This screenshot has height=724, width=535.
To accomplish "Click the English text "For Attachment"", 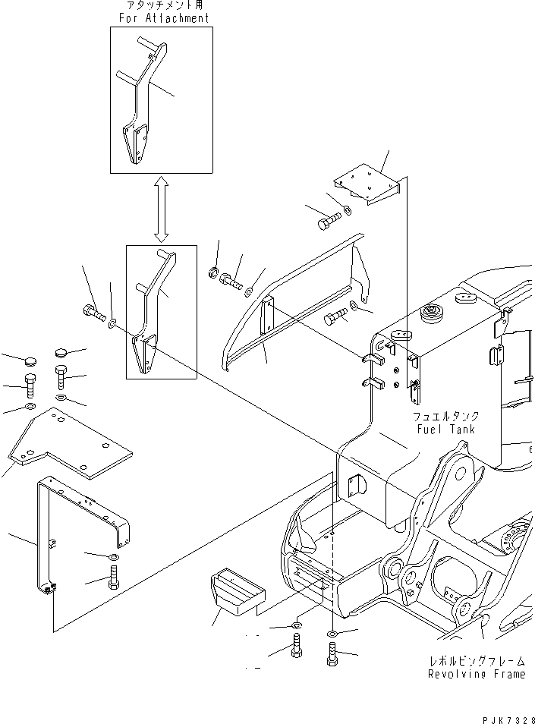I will pyautogui.click(x=161, y=17).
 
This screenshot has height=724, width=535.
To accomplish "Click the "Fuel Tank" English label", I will pyautogui.click(x=445, y=429).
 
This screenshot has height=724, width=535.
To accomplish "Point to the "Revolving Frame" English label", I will pyautogui.click(x=476, y=674).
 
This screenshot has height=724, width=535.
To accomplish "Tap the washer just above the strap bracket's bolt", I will pyautogui.click(x=112, y=558).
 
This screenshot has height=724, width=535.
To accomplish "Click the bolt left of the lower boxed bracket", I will pyautogui.click(x=93, y=313).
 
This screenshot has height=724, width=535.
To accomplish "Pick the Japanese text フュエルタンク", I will pyautogui.click(x=445, y=417).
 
